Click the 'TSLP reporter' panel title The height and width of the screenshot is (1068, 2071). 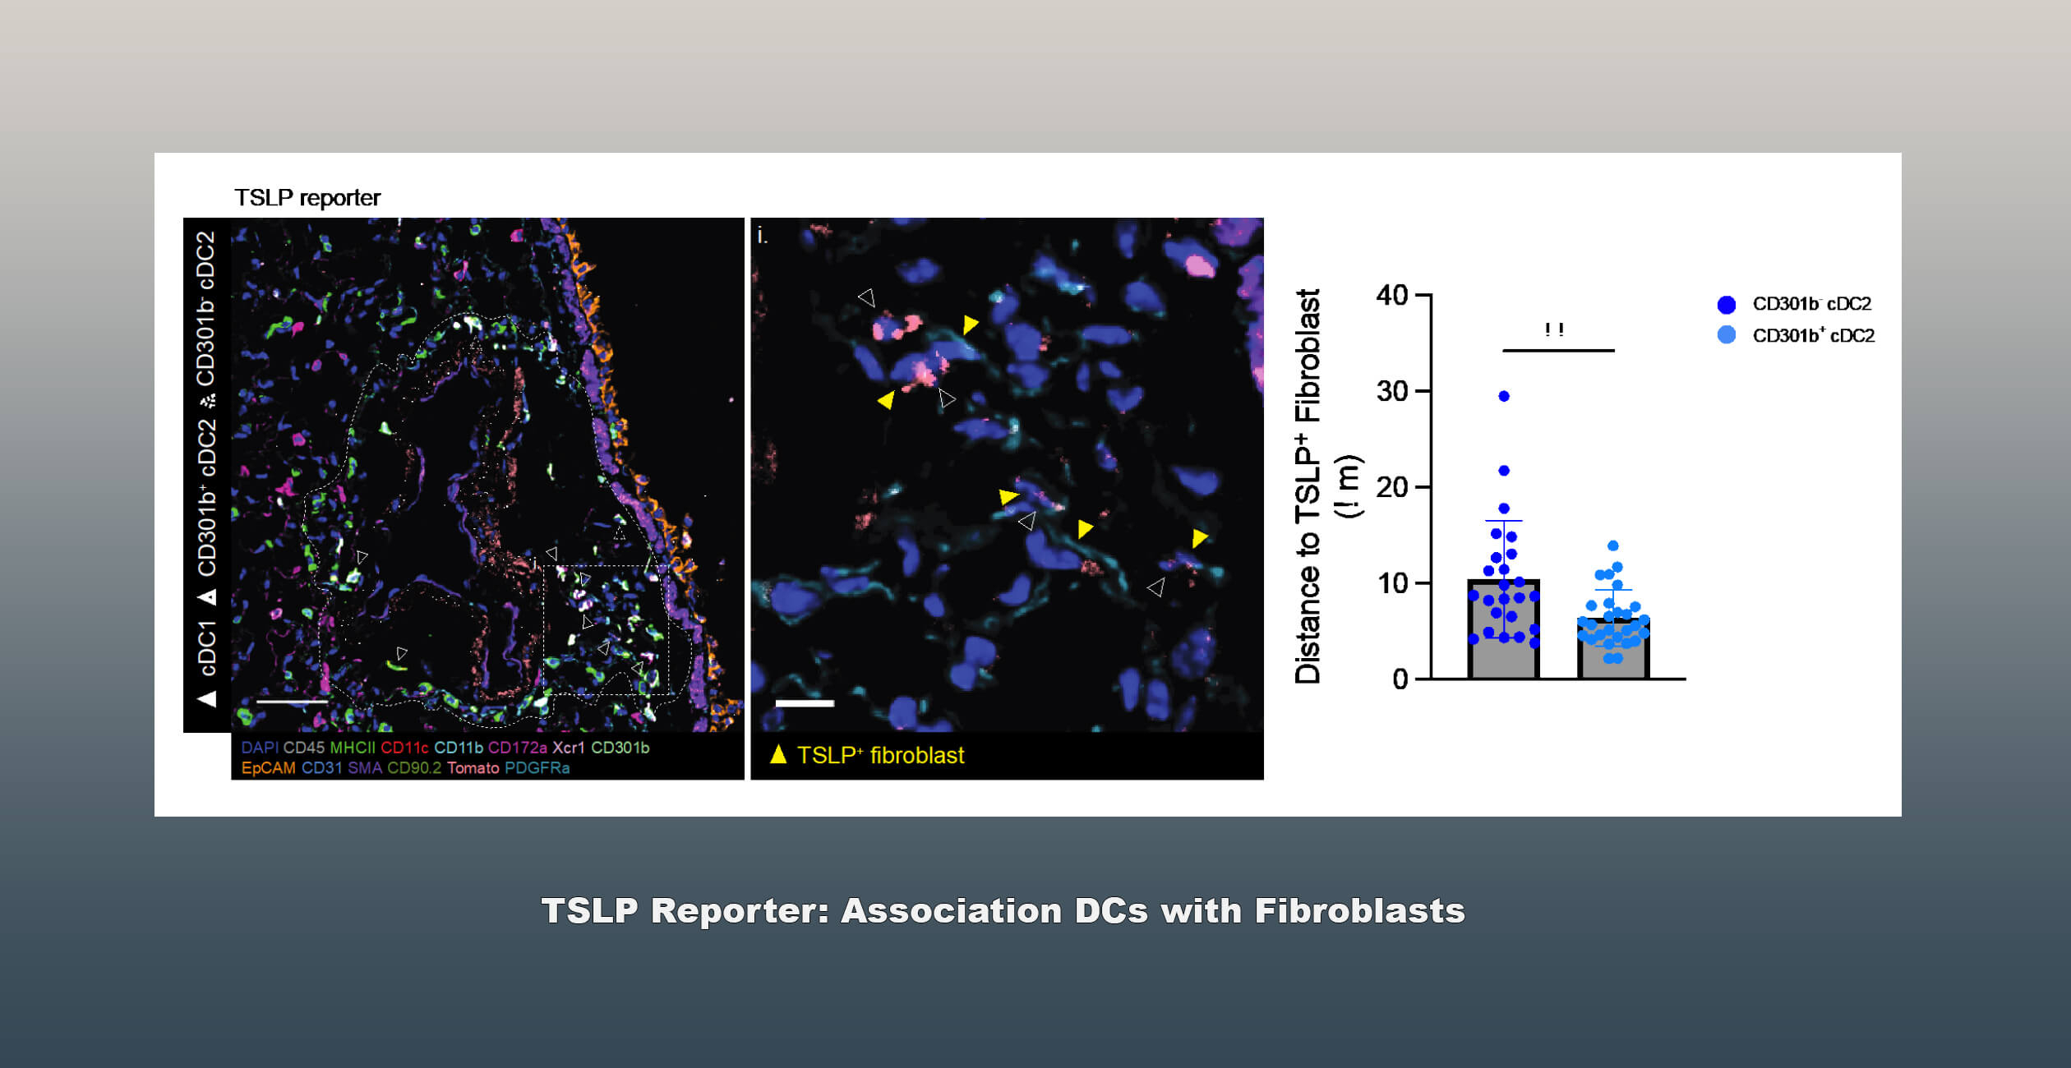[307, 198]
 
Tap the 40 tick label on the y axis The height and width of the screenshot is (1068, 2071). [1392, 296]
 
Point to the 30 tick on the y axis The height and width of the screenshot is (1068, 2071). [1392, 392]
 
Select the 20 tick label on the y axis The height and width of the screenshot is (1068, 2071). [1392, 488]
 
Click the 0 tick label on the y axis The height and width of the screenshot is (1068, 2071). [1400, 680]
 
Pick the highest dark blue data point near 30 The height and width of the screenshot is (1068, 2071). [1504, 396]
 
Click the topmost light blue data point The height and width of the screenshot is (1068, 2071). [1613, 546]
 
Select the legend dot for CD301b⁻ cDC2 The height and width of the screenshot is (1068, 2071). [1727, 305]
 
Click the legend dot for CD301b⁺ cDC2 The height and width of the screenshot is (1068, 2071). [1727, 335]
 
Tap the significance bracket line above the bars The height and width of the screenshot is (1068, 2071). [1558, 351]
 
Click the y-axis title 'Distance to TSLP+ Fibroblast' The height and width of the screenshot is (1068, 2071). [1308, 486]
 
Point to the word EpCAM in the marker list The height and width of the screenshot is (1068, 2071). [268, 768]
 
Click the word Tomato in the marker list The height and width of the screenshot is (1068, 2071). [473, 768]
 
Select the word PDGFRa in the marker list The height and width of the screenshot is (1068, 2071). [537, 768]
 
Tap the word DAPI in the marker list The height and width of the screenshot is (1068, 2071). [259, 748]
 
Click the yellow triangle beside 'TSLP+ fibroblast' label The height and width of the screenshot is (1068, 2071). [777, 754]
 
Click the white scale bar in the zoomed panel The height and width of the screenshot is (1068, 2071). [805, 703]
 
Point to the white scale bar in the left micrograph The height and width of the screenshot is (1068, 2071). [293, 702]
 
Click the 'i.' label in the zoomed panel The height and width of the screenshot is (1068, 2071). [762, 237]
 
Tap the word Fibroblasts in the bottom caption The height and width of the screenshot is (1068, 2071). [1359, 911]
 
